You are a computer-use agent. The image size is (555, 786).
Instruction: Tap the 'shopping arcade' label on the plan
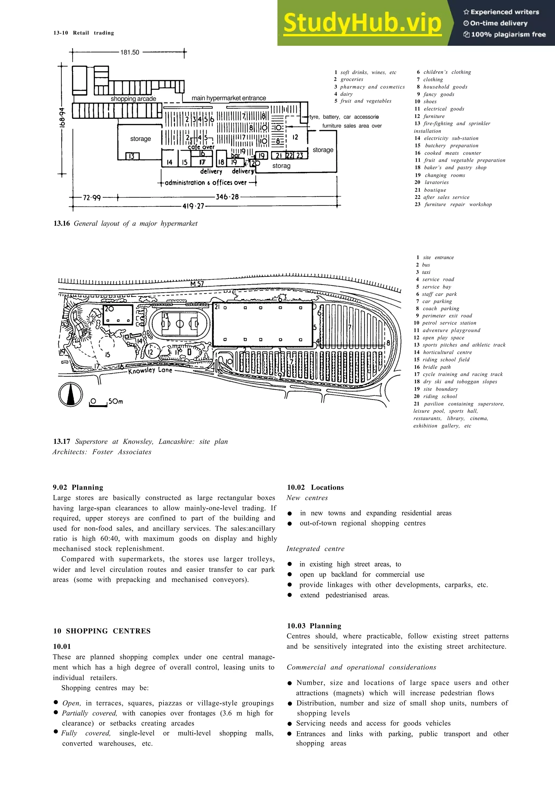coord(133,99)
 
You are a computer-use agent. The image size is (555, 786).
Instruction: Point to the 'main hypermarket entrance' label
coord(229,98)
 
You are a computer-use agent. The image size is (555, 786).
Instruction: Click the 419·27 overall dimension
coord(193,206)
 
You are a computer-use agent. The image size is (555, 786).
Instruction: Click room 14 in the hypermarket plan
coord(170,162)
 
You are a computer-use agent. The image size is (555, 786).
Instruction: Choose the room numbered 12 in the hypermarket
coord(295,137)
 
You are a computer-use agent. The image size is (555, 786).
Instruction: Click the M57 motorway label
coord(197,284)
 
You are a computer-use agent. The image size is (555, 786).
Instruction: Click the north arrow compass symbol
coord(70,395)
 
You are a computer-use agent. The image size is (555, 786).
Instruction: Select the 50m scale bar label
coord(116,401)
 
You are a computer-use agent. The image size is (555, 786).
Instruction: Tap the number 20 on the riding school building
coord(109,309)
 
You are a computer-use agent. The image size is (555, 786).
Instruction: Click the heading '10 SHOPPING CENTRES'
coord(102,631)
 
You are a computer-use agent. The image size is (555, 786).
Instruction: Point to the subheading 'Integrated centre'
coord(315,548)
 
